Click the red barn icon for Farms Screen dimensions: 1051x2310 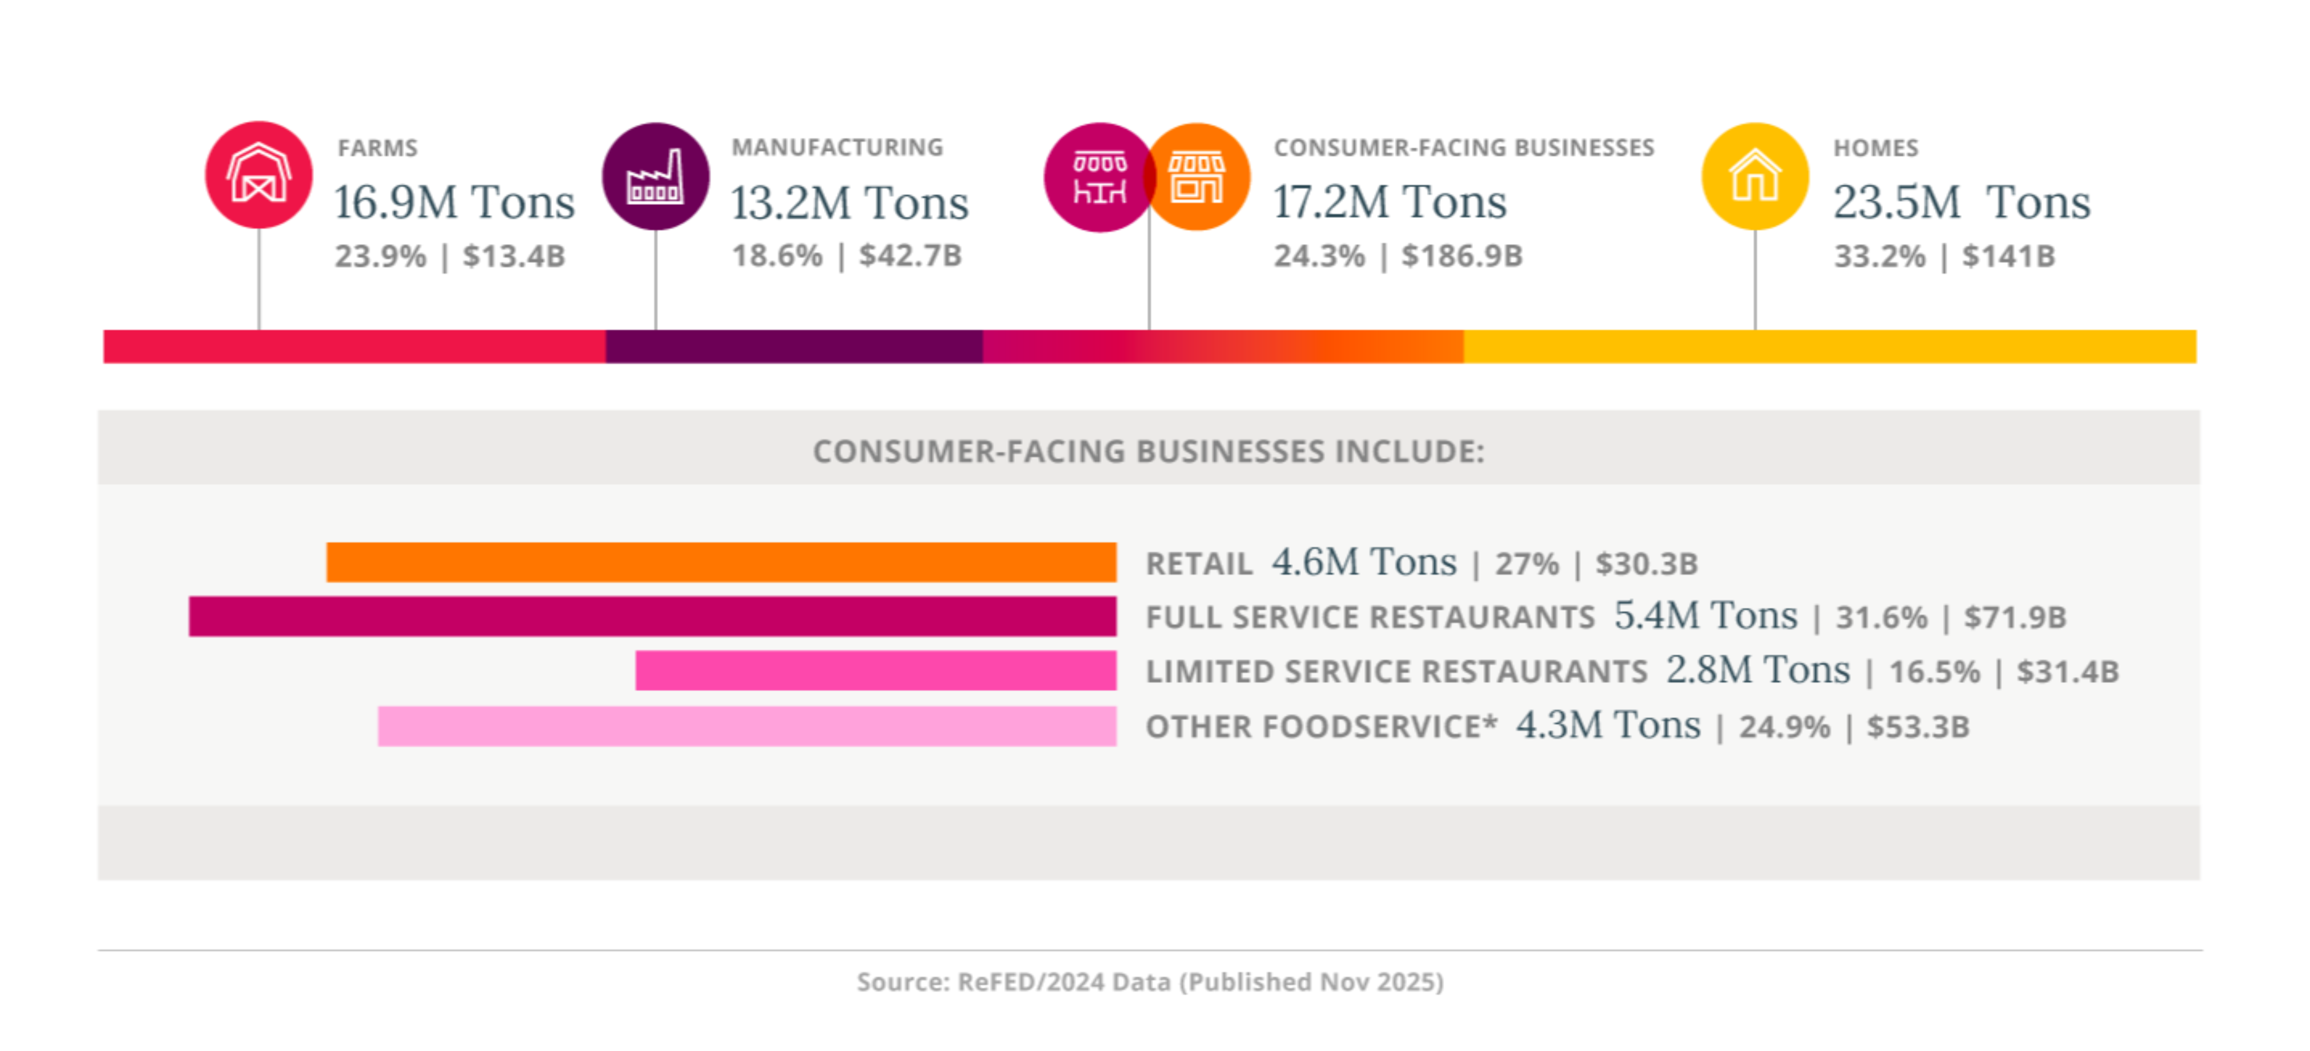pos(258,175)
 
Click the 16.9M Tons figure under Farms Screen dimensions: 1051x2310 pos(454,202)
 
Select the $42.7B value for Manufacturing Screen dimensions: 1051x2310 pos(910,256)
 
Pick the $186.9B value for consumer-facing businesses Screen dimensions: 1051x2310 pos(1462,256)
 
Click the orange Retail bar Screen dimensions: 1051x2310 pos(721,562)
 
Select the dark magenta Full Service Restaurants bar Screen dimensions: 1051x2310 pos(652,616)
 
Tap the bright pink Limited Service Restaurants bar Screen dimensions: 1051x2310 pos(875,671)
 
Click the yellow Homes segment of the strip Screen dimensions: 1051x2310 pos(1829,346)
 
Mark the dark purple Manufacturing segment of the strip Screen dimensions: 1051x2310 pos(794,346)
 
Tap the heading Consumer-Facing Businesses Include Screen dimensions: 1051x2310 pos(1149,451)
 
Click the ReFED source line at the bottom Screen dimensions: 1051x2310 pos(1150,982)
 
